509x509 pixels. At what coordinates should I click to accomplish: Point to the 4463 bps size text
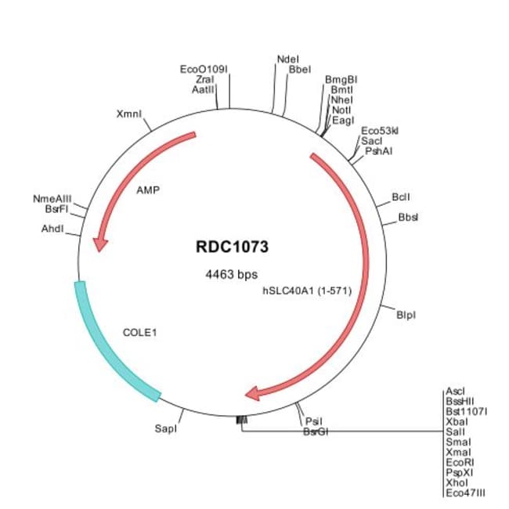pos(231,274)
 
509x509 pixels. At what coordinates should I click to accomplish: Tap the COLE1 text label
pos(140,332)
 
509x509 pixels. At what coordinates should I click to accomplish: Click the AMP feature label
pos(148,190)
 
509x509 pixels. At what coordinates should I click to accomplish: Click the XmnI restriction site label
pos(129,114)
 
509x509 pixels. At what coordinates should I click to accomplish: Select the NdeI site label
pos(287,59)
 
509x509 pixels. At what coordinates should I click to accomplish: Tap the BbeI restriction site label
pos(300,69)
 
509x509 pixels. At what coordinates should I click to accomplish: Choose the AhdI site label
pos(52,229)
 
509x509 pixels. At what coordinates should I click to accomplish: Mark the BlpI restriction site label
pos(406,315)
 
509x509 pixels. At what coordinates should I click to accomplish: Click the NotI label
pos(341,110)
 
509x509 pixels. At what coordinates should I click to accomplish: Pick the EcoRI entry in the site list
pos(459,461)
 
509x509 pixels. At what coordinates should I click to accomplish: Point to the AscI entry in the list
pos(455,390)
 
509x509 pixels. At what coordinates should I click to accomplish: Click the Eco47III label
pos(464,492)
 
